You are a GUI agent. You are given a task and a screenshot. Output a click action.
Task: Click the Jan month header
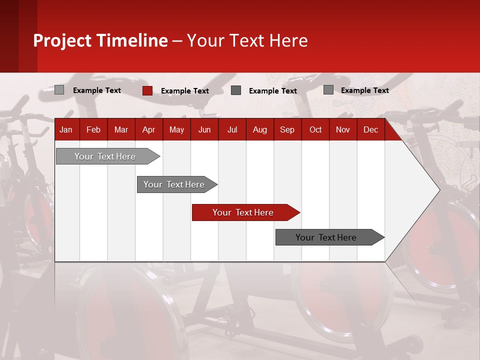[66, 130]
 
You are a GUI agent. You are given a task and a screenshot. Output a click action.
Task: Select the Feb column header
[93, 130]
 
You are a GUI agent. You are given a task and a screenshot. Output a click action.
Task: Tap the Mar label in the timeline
[121, 130]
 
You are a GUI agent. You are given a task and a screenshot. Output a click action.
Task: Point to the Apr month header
[148, 130]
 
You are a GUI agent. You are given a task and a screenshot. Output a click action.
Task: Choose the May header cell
[176, 130]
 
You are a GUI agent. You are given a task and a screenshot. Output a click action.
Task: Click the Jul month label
[232, 130]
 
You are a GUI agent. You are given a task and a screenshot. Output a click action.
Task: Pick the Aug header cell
[259, 130]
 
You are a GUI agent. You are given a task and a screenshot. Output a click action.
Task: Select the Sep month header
[287, 130]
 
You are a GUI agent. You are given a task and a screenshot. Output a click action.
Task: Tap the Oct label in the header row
[315, 130]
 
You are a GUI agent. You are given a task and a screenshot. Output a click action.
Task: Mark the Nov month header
[343, 130]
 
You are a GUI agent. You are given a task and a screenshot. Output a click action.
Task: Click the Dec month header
[370, 130]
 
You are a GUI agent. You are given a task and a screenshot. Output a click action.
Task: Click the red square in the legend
[147, 90]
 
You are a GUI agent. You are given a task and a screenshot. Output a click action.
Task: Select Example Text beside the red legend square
[185, 91]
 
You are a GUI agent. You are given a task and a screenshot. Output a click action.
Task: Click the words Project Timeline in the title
[100, 40]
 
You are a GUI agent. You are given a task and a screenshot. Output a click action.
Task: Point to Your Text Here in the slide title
[247, 40]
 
